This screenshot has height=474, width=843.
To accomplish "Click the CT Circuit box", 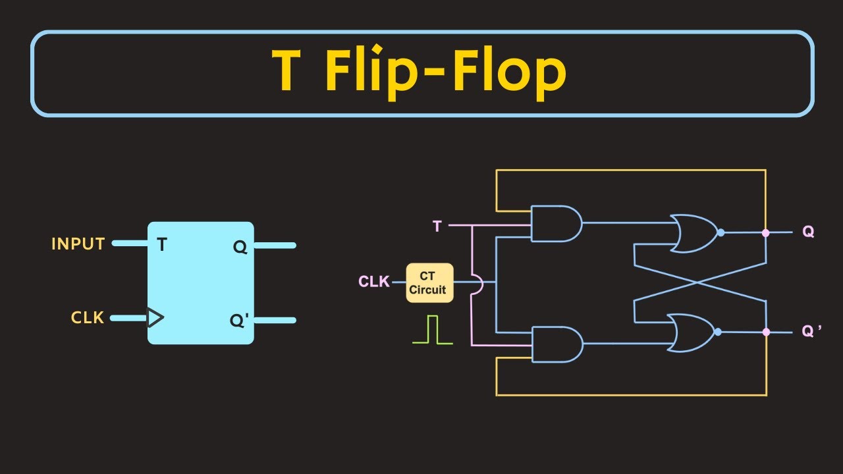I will (x=429, y=283).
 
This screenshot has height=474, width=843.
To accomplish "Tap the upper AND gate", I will (x=555, y=224).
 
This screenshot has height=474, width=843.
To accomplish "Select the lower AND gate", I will (x=555, y=344).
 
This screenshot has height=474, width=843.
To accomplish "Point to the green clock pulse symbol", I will (x=433, y=330).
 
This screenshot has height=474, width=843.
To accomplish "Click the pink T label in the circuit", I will (x=437, y=226).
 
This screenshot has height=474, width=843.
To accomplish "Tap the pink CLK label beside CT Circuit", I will (x=373, y=282).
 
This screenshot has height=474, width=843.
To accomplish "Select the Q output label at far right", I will (x=808, y=232).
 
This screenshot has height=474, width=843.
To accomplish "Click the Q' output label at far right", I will (x=811, y=332).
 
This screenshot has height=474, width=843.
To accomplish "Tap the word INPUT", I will (x=78, y=244).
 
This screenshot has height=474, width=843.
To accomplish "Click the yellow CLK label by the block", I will (x=88, y=318).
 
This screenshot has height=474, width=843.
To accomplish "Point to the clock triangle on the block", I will (x=155, y=318).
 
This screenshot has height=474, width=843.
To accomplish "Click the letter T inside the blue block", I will (x=162, y=246).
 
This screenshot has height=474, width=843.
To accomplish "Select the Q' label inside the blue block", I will (x=238, y=321).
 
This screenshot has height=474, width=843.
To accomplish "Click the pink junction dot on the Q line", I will (x=765, y=233).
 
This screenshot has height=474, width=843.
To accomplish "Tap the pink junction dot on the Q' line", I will (x=765, y=332).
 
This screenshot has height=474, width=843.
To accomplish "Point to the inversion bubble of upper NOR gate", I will (x=721, y=232).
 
